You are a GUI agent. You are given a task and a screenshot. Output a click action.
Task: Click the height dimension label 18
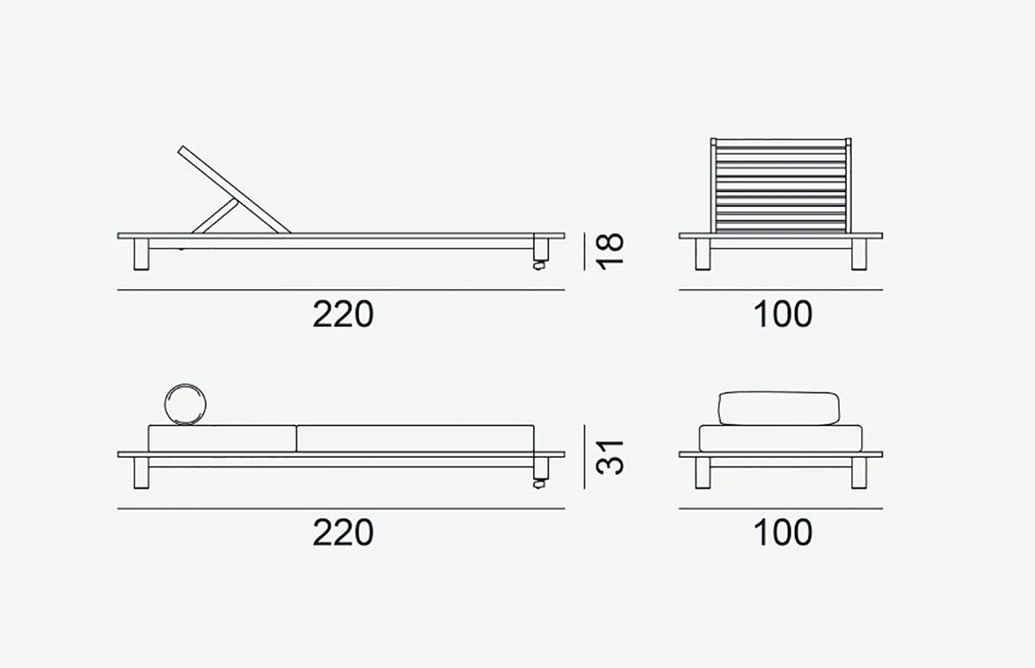pyautogui.click(x=610, y=252)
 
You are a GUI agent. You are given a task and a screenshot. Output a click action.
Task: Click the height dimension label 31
pyautogui.click(x=610, y=457)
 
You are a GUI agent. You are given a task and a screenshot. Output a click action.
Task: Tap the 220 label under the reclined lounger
pyautogui.click(x=343, y=314)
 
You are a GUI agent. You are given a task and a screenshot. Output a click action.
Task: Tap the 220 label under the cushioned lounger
pyautogui.click(x=343, y=532)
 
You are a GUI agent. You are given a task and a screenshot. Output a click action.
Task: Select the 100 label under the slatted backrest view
pyautogui.click(x=783, y=314)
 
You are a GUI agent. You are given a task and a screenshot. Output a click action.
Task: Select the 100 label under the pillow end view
pyautogui.click(x=783, y=532)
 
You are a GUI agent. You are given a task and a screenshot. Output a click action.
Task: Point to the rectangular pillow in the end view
pyautogui.click(x=779, y=408)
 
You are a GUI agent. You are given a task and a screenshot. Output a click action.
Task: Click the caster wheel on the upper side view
pyautogui.click(x=539, y=265)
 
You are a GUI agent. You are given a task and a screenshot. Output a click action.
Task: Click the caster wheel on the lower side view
pyautogui.click(x=539, y=484)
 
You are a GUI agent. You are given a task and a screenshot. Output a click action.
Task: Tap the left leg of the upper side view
pyautogui.click(x=141, y=255)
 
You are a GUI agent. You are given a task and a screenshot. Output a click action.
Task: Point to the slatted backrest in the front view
pyautogui.click(x=780, y=185)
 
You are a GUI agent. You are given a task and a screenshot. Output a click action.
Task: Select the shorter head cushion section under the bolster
pyautogui.click(x=222, y=438)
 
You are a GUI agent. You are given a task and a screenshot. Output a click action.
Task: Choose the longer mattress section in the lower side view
pyautogui.click(x=416, y=438)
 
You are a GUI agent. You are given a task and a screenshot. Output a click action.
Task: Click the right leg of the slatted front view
pyautogui.click(x=859, y=255)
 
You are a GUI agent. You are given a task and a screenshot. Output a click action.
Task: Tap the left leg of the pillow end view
pyautogui.click(x=703, y=473)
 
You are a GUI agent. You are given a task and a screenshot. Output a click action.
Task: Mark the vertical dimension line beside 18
pyautogui.click(x=585, y=252)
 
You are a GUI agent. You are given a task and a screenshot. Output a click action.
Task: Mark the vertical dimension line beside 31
pyautogui.click(x=585, y=457)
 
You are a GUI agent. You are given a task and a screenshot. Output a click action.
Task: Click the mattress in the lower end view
pyautogui.click(x=780, y=439)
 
